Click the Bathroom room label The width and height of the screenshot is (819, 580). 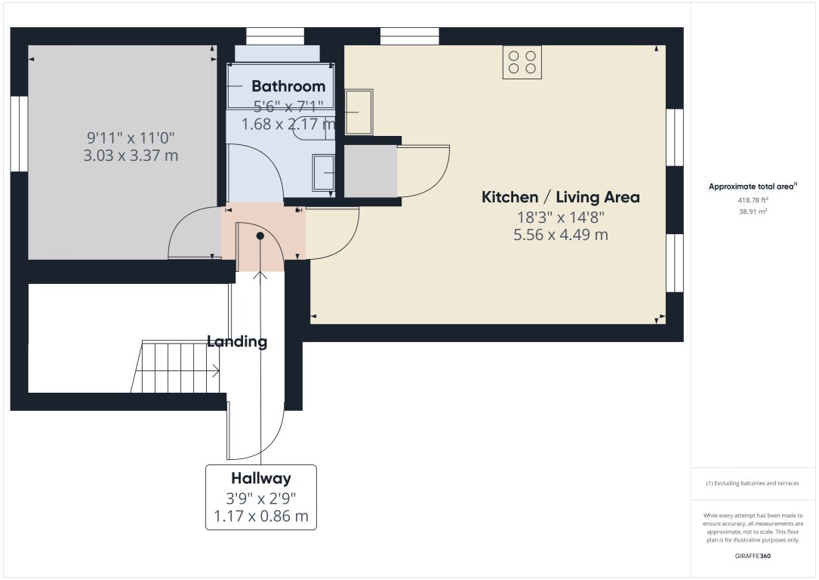(x=288, y=86)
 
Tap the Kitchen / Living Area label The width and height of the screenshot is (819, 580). (x=560, y=197)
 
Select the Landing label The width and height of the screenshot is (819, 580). (x=237, y=341)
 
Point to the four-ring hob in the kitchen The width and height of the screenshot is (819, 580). (x=522, y=62)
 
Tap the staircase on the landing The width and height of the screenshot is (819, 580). (x=175, y=368)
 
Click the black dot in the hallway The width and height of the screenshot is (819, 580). (x=260, y=236)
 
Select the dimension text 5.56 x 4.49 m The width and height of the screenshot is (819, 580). (x=560, y=235)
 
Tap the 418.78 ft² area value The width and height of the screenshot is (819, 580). (x=753, y=200)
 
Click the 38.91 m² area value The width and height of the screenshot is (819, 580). (x=753, y=213)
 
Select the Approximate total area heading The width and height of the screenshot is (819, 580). (x=753, y=186)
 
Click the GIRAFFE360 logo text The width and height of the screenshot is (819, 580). (x=753, y=556)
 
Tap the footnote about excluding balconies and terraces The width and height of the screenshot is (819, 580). (x=753, y=483)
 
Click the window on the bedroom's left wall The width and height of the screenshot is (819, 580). (x=19, y=134)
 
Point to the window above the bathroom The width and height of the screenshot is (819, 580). (x=275, y=36)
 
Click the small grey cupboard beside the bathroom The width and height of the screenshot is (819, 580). (x=371, y=171)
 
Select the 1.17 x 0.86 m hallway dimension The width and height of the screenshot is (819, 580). (x=261, y=517)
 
